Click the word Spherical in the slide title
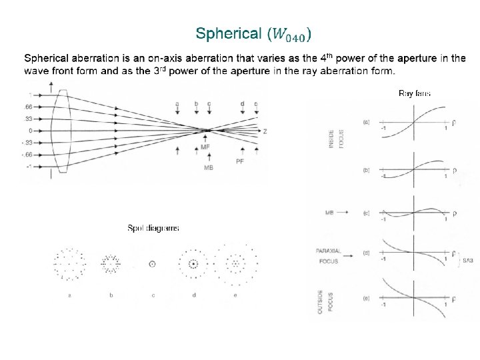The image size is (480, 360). (229, 33)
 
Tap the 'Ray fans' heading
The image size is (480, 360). (414, 93)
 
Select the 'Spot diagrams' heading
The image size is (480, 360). (153, 228)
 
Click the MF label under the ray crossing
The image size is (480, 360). (206, 146)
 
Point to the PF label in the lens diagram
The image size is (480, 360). (241, 161)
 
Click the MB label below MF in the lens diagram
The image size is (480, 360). (208, 168)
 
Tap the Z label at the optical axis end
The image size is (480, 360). (265, 131)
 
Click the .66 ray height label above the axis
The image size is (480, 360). (29, 107)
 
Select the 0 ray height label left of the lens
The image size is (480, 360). (30, 131)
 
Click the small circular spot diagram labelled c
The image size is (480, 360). (152, 264)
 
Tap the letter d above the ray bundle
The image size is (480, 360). (242, 103)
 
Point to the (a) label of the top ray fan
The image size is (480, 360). (367, 122)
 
